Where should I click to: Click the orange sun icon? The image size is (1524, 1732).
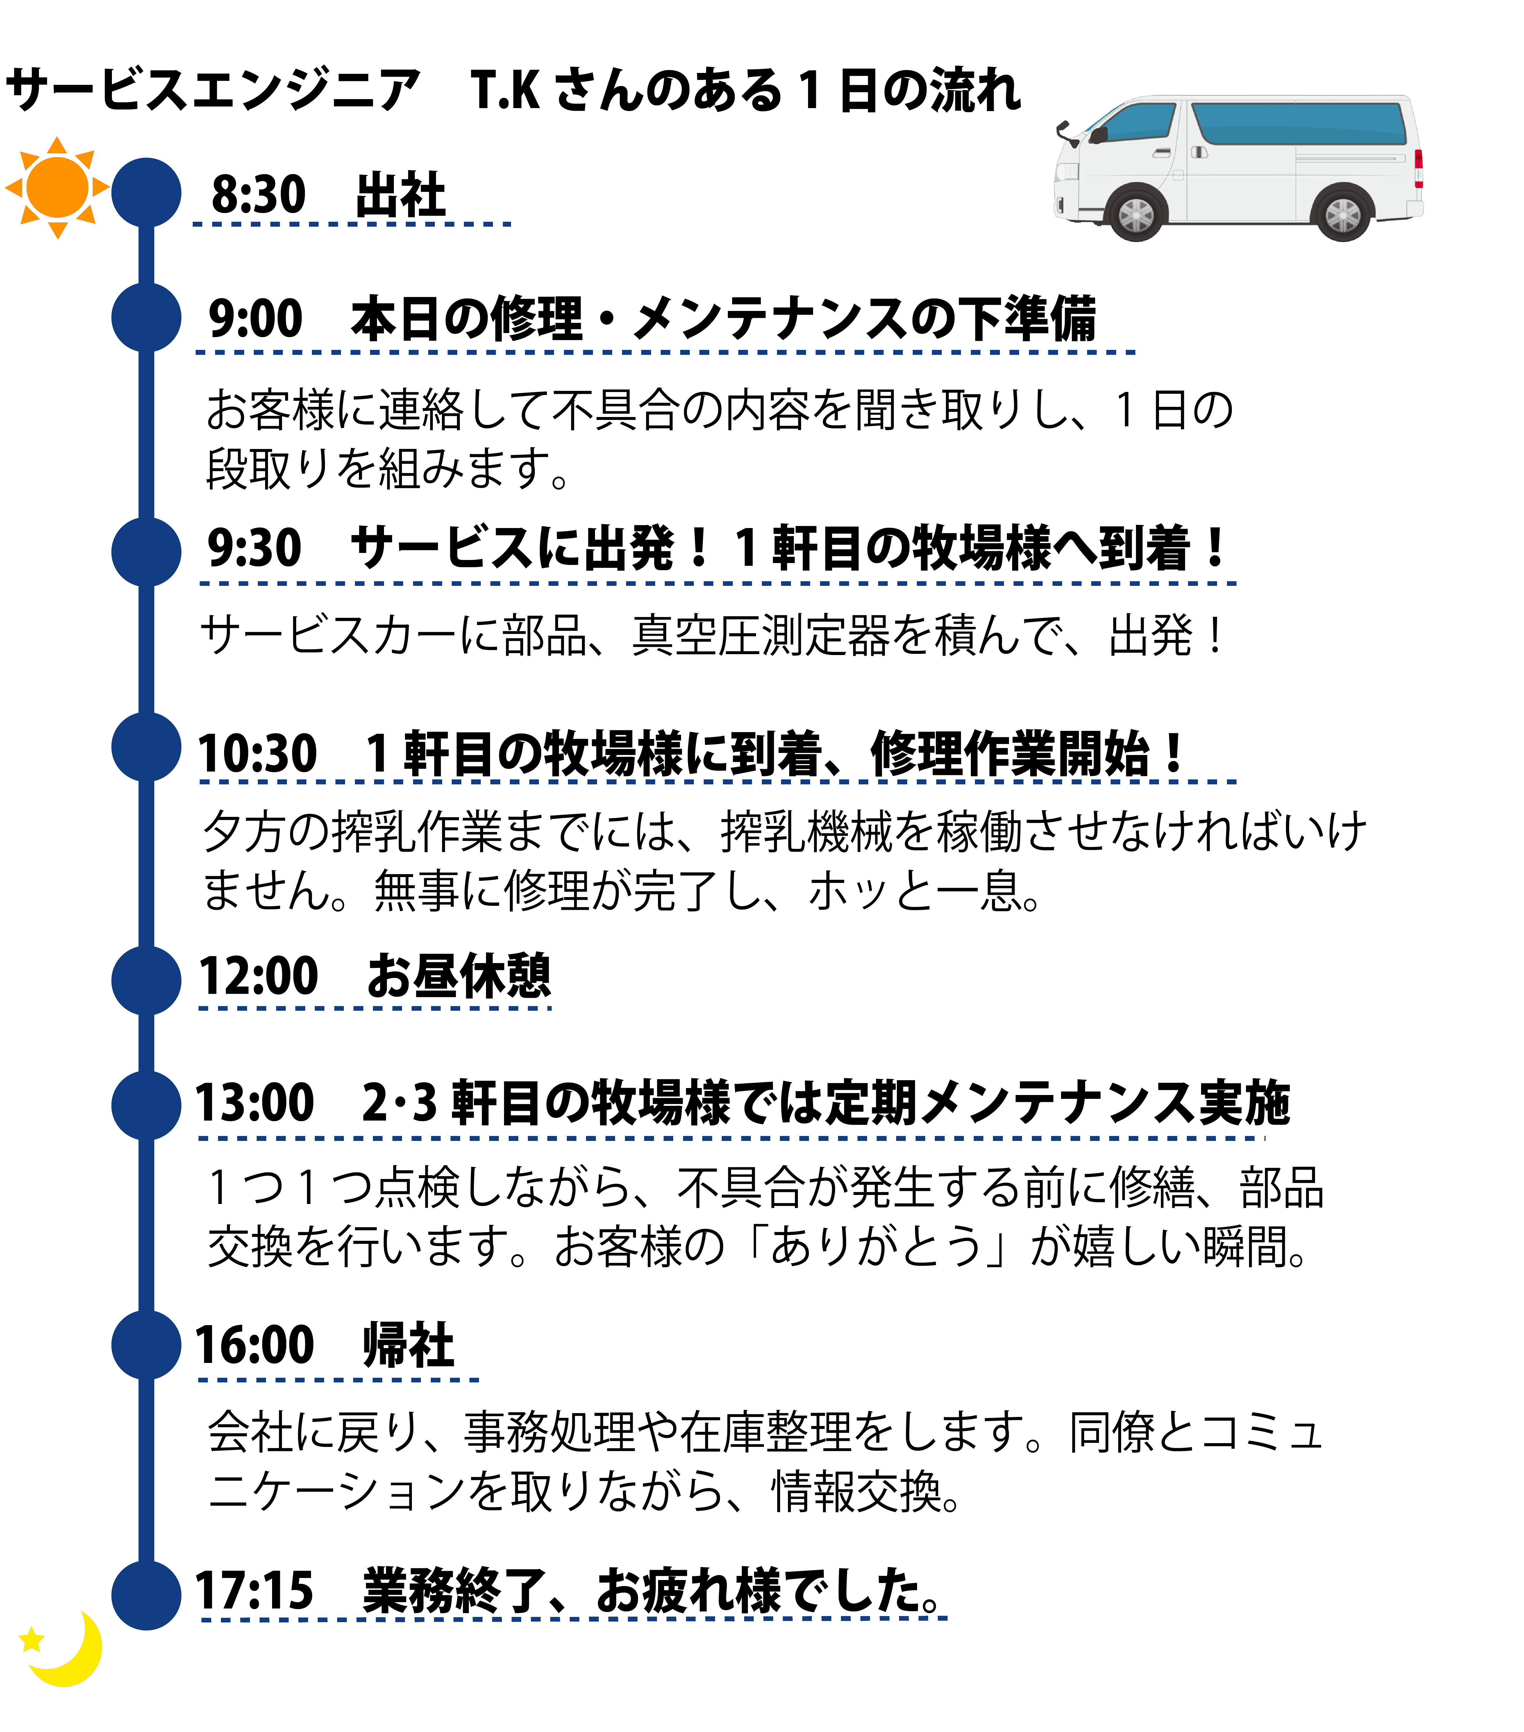pos(57,187)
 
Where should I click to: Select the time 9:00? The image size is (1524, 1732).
pos(255,319)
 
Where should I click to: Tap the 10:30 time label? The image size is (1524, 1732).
pos(257,752)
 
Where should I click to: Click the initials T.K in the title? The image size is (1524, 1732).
pos(505,90)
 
